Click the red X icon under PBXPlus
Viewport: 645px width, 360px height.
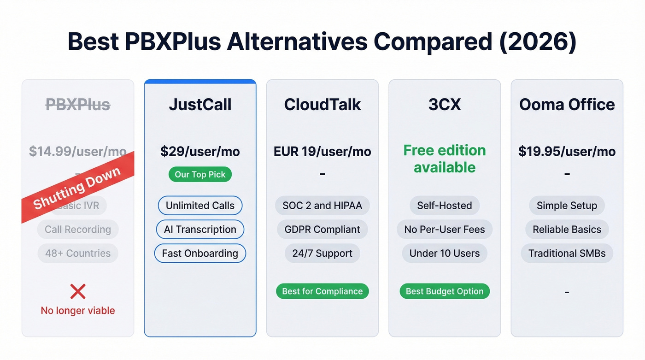(x=78, y=291)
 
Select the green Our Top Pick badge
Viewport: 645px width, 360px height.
(x=200, y=175)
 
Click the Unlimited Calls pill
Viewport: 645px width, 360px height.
(x=200, y=206)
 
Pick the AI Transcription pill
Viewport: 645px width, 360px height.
(x=200, y=230)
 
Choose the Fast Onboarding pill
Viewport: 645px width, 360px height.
(x=200, y=253)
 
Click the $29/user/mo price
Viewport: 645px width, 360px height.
(x=200, y=152)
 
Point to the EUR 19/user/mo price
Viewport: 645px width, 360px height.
(x=322, y=152)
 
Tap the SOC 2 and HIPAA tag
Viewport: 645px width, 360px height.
(x=322, y=206)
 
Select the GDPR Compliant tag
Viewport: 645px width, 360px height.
(x=322, y=230)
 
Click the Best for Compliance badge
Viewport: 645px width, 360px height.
(x=322, y=291)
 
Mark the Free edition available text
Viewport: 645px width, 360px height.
(x=445, y=159)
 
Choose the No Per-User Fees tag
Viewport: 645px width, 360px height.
(x=445, y=230)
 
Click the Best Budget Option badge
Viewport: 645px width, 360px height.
(x=445, y=291)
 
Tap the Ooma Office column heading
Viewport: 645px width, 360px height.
(x=567, y=105)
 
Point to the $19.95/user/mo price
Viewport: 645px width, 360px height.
(x=567, y=152)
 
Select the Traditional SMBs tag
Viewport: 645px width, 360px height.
(x=567, y=253)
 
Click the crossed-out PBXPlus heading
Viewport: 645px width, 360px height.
(x=78, y=105)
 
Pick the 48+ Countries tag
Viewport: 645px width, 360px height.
(x=78, y=253)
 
